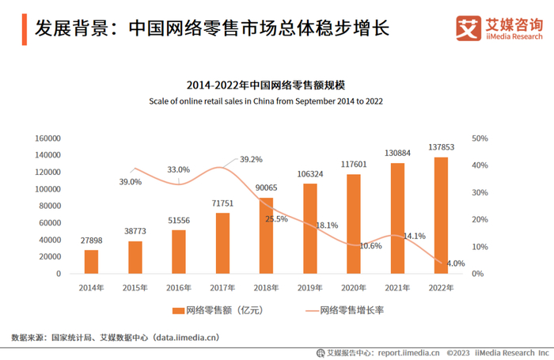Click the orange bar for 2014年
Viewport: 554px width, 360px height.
pos(92,262)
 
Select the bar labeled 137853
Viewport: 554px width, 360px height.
pos(441,215)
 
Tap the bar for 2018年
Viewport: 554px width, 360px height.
pos(266,236)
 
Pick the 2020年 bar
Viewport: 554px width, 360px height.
pos(354,224)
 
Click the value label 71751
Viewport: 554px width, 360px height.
pos(222,204)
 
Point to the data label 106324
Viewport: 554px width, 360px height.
pos(309,174)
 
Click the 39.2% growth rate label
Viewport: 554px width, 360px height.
pos(250,159)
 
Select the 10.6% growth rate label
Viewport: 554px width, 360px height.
pos(370,246)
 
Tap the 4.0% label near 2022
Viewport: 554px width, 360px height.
pos(455,263)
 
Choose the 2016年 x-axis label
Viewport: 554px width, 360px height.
pos(179,288)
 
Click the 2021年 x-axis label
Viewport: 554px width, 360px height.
pos(397,288)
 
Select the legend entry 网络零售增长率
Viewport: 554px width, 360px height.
pos(351,311)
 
